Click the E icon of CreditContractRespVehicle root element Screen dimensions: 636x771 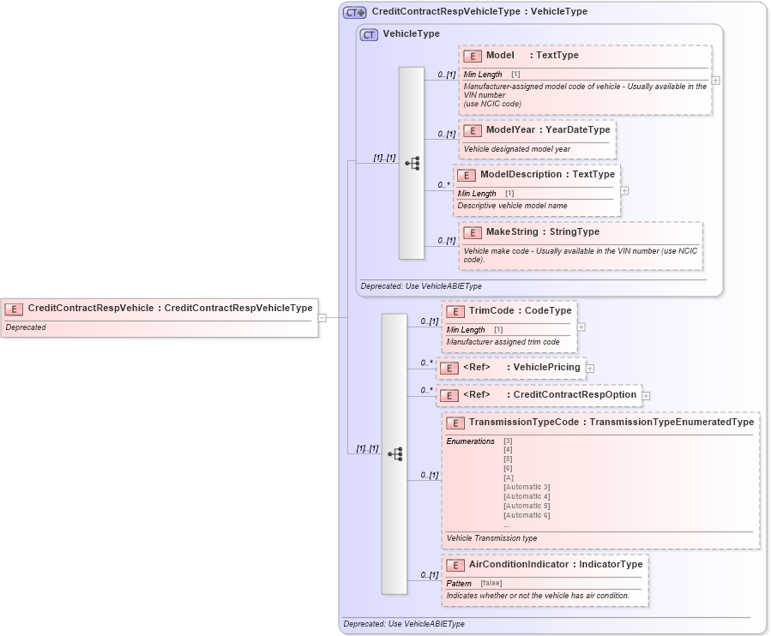[x=15, y=309]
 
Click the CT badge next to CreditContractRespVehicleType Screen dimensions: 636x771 [x=354, y=13]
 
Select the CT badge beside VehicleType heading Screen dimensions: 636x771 [x=369, y=35]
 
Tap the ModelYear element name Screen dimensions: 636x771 [x=510, y=130]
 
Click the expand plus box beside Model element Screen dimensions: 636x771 [x=715, y=81]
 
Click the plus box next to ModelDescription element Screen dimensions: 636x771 [x=624, y=191]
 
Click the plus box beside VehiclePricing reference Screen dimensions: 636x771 [x=590, y=369]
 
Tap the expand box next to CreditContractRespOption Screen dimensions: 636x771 [x=646, y=395]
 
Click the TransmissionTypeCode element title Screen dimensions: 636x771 [x=524, y=423]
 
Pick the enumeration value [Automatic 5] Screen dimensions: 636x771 [x=526, y=506]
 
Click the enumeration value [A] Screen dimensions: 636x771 [x=509, y=477]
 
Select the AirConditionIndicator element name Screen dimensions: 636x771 [x=518, y=565]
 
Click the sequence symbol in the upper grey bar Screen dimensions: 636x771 [x=412, y=163]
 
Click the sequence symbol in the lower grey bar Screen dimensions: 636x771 [x=395, y=453]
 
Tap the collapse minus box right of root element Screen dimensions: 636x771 [x=322, y=317]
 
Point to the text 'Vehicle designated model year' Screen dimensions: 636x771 [x=516, y=149]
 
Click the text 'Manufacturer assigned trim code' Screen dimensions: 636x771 [x=503, y=342]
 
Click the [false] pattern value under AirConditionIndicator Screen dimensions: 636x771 [x=491, y=583]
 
